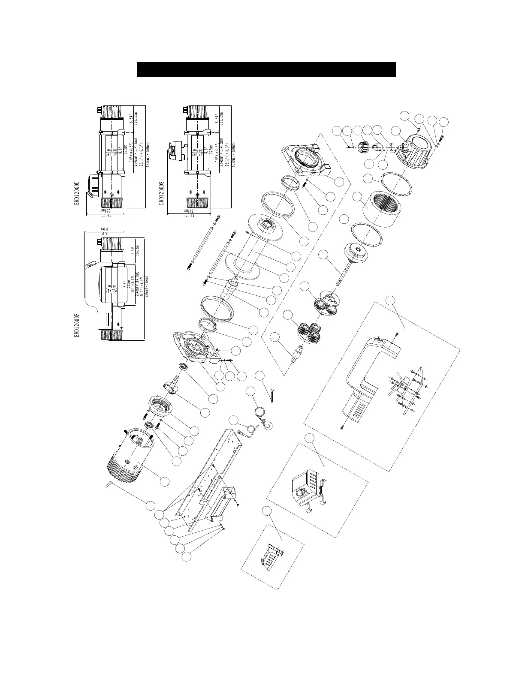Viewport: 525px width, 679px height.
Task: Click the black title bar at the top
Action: (266, 69)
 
